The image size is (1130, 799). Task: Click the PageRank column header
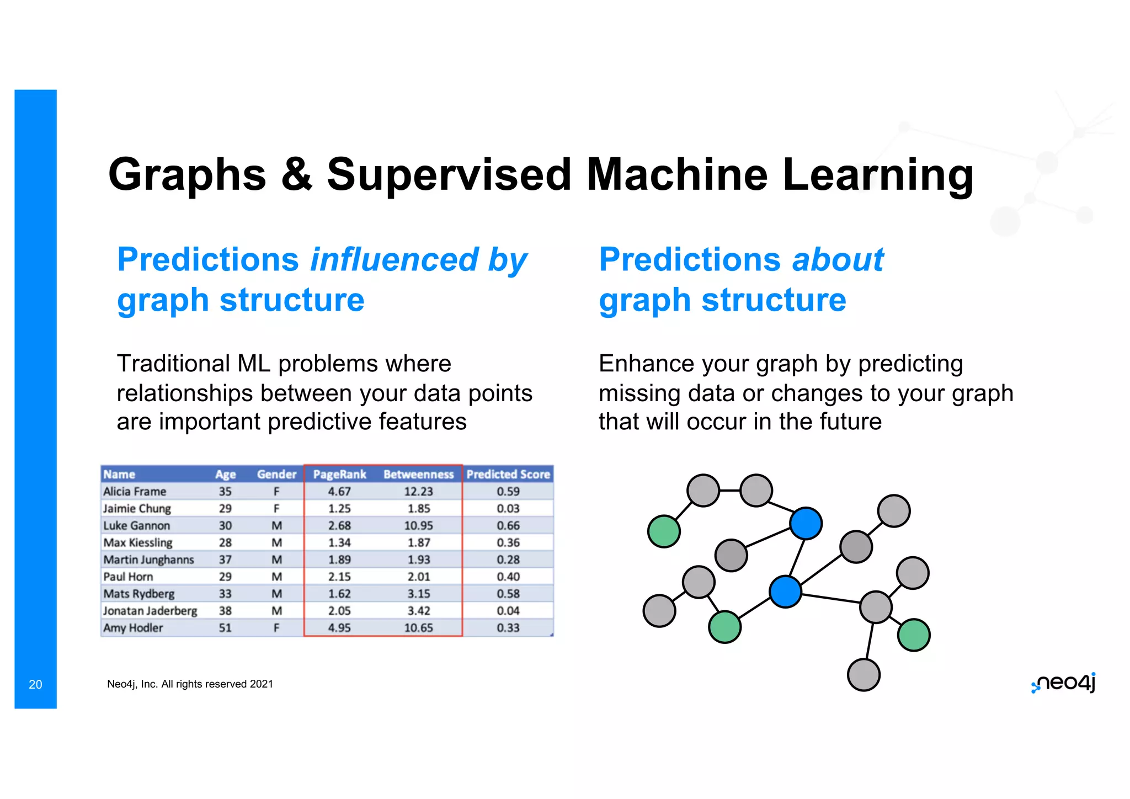[339, 475]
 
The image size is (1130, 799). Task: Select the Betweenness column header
[418, 475]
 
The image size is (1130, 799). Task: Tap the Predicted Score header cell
[508, 475]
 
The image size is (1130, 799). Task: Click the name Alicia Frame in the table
[135, 492]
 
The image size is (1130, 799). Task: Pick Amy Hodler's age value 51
[225, 628]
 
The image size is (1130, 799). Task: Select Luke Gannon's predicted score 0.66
[508, 526]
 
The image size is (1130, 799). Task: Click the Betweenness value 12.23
[418, 492]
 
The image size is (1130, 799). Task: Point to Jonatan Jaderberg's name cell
[150, 611]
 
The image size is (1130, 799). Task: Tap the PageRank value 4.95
[339, 628]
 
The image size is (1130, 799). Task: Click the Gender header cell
[276, 475]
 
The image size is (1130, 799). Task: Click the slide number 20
[35, 685]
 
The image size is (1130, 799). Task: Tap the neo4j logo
[1064, 683]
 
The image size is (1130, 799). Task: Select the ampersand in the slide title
[296, 175]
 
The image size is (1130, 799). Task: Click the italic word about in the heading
[838, 260]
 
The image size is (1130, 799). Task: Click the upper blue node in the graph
[806, 523]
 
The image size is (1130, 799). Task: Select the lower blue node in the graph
[785, 592]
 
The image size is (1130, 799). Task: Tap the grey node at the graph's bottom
[864, 675]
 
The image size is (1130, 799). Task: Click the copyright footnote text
[190, 684]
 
